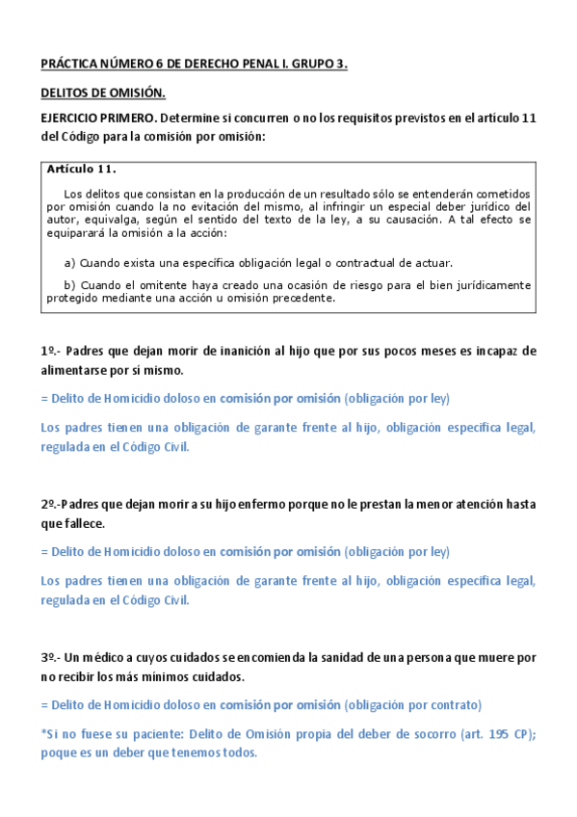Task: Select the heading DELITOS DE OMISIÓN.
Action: pos(103,93)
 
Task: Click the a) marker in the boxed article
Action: pos(69,262)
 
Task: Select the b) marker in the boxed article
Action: pos(69,285)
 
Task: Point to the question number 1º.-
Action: pos(53,352)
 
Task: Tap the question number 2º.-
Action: pos(53,505)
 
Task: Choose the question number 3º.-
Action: pos(53,657)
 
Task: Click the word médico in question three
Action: pos(106,657)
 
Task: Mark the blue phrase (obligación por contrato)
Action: pos(413,704)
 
